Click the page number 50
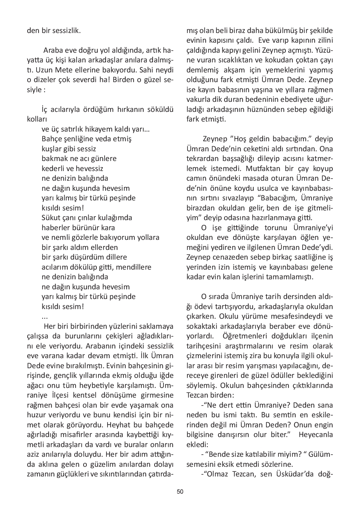click(180, 492)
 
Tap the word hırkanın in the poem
click(131, 109)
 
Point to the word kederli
click(53, 168)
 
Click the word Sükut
click(51, 218)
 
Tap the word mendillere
click(133, 267)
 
